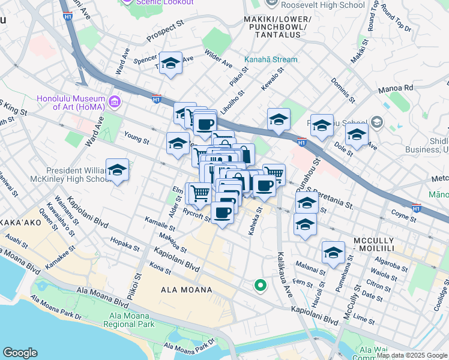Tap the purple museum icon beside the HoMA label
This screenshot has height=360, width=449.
115,100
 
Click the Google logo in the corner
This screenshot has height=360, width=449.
20,353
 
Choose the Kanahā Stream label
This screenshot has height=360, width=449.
270,59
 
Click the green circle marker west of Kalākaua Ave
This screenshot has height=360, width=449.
260,286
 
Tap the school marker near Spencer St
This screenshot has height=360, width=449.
170,64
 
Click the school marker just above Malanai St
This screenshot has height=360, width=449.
333,253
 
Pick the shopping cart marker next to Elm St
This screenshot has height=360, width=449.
199,193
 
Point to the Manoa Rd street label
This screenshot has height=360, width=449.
397,88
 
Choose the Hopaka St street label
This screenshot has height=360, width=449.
125,244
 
